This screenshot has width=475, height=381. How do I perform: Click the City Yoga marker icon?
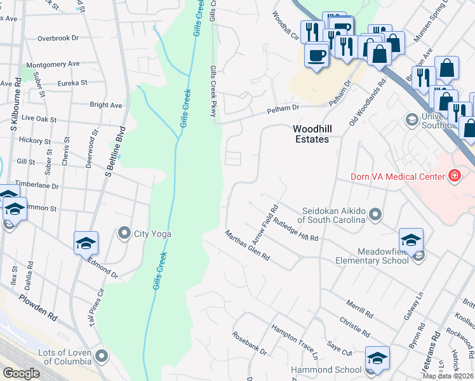tap(124, 234)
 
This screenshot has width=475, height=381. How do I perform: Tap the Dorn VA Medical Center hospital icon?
tap(454, 175)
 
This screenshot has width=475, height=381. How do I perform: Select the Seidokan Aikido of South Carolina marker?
tap(376, 215)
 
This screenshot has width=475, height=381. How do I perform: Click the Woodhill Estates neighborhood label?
tap(311, 133)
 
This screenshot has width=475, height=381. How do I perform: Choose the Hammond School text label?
tap(326, 370)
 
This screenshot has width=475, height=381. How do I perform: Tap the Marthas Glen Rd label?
tap(248, 246)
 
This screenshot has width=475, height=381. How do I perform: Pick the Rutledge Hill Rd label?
tap(295, 229)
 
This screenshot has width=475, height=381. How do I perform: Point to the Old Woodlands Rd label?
tap(368, 104)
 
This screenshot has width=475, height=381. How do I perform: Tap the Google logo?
tap(20, 373)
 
